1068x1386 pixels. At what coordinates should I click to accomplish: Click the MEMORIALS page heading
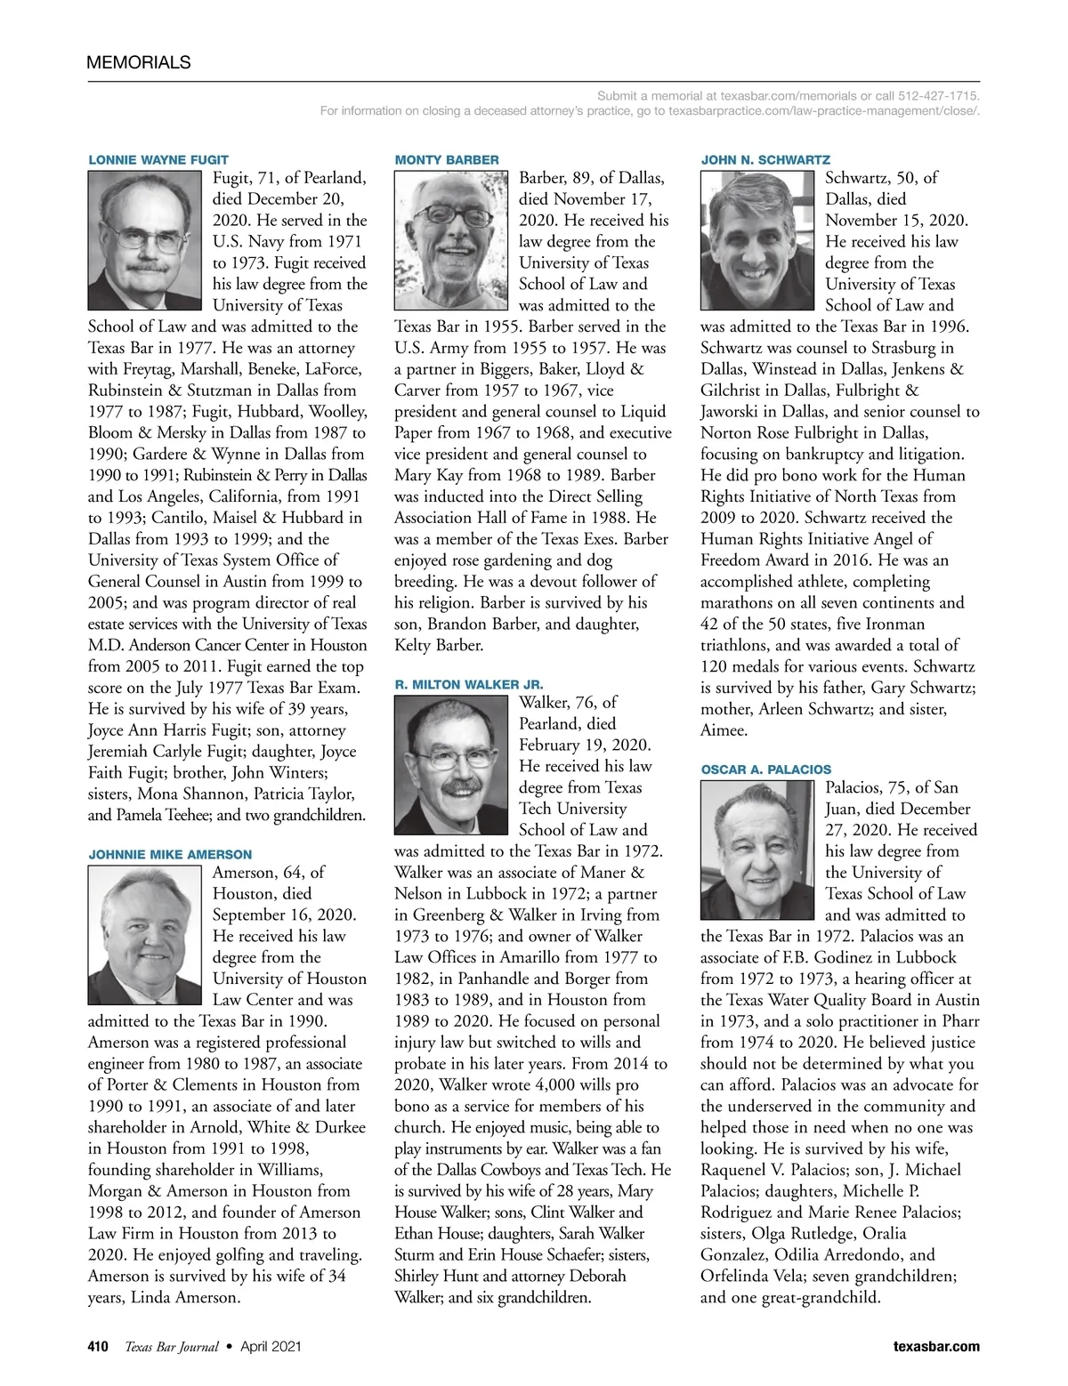coord(138,62)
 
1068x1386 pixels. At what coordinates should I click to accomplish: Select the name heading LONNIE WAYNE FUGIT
coord(158,160)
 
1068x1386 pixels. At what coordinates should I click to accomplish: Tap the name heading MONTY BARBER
coord(446,160)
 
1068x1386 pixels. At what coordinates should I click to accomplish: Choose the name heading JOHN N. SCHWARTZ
coord(765,160)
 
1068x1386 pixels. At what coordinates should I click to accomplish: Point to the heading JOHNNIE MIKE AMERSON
coord(169,855)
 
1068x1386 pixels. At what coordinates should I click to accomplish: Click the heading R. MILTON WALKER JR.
coord(468,685)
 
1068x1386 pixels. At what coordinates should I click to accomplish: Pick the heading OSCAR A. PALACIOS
coord(765,770)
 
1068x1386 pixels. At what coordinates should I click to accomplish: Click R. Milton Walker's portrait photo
coord(451,765)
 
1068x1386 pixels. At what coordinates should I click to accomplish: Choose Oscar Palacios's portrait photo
coord(757,850)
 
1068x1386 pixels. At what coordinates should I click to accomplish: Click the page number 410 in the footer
coord(97,1347)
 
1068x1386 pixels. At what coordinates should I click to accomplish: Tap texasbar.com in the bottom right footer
coord(936,1347)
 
